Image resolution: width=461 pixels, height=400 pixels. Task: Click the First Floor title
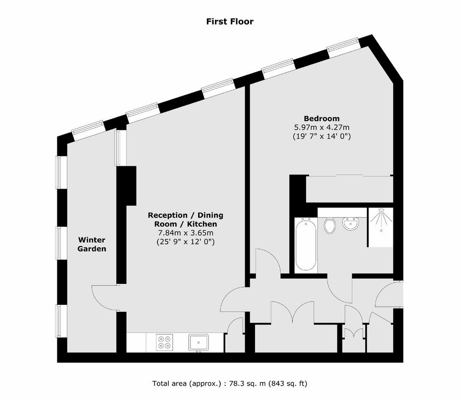click(x=230, y=22)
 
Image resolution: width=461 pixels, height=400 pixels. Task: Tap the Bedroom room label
click(x=322, y=119)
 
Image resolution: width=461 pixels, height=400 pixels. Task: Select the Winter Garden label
click(x=92, y=244)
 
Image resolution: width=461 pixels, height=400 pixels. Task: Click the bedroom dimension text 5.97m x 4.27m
click(x=322, y=127)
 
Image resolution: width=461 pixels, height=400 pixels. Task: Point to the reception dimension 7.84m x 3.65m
click(x=186, y=233)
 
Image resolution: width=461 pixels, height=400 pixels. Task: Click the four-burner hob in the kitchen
click(x=164, y=342)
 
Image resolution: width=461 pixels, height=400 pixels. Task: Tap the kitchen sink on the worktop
click(x=199, y=343)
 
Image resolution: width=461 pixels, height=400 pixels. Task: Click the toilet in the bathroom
click(x=330, y=225)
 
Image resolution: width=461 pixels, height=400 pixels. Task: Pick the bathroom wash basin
click(x=351, y=224)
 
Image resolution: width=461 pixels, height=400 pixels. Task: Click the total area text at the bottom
click(x=230, y=383)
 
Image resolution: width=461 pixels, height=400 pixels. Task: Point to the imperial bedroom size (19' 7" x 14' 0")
click(x=322, y=136)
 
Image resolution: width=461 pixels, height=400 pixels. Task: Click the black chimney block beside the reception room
click(x=127, y=186)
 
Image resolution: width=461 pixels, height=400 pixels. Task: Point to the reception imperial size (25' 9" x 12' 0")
click(x=185, y=242)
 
